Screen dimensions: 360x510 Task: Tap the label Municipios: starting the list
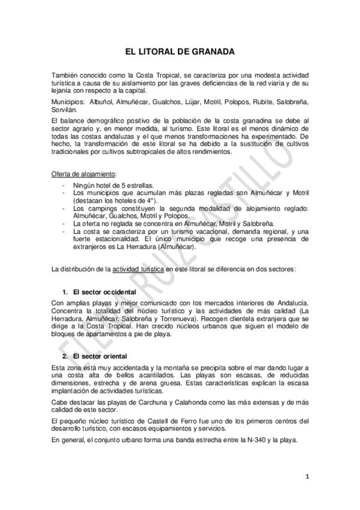70,103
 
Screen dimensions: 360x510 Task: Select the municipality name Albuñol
105,103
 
